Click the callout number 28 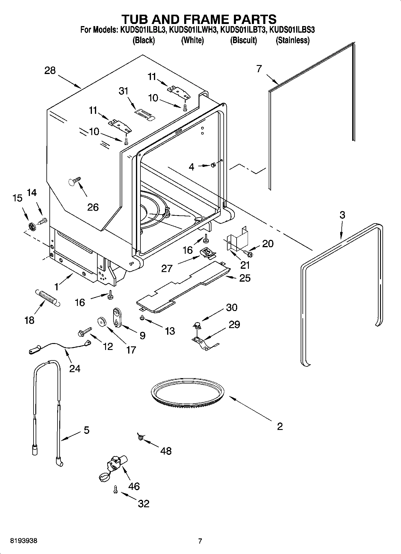coord(50,71)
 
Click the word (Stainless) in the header coord(292,40)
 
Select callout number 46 coord(134,486)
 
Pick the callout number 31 coord(124,91)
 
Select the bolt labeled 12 coord(84,332)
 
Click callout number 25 coord(245,278)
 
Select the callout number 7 coord(259,69)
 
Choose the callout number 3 coord(342,215)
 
